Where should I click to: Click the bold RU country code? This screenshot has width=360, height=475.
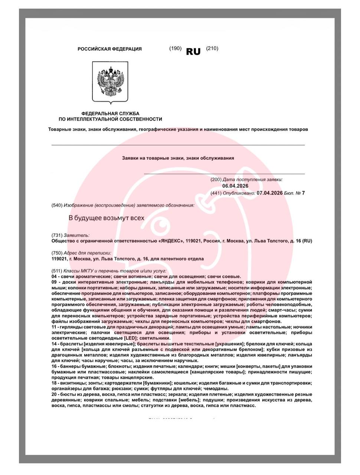[x=193, y=52]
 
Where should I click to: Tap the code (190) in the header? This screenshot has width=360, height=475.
[x=175, y=48]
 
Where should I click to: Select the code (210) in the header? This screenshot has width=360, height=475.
[x=212, y=48]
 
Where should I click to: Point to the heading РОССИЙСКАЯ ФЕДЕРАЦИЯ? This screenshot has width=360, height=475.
[x=109, y=49]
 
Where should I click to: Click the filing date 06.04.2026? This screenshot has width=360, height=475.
[x=235, y=186]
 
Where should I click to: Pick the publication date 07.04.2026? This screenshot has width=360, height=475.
[x=269, y=193]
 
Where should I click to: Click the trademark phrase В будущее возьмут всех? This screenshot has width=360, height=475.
[x=107, y=218]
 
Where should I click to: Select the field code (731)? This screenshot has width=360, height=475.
[x=57, y=235]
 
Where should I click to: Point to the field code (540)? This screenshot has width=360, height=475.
[x=57, y=205]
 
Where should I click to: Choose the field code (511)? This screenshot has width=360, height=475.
[x=57, y=271]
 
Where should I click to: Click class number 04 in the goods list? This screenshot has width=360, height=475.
[x=54, y=276]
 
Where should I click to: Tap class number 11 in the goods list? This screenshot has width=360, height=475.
[x=54, y=327]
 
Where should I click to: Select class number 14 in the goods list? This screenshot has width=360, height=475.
[x=54, y=344]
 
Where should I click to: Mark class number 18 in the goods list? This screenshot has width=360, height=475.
[x=54, y=383]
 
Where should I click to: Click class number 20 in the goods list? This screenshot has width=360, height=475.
[x=54, y=394]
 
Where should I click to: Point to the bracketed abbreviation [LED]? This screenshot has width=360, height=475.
[x=130, y=338]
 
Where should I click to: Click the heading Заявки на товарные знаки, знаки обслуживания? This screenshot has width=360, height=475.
[x=178, y=158]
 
